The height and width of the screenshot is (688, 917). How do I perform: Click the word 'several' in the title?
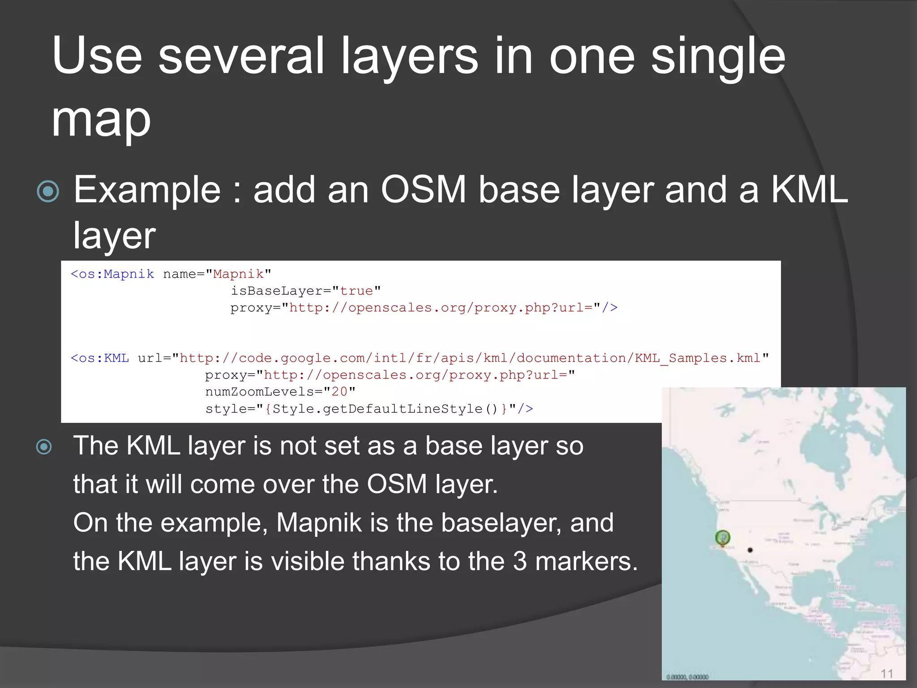[x=241, y=56]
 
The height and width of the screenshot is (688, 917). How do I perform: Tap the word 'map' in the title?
[x=101, y=120]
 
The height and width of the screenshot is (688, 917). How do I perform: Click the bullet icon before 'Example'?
[x=48, y=192]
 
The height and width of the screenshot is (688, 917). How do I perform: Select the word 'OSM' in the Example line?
[x=424, y=190]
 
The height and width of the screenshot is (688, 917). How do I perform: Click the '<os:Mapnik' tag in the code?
[x=112, y=274]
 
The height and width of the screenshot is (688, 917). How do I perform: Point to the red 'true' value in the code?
[x=356, y=291]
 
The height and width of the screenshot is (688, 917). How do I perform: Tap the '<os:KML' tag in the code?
[x=100, y=358]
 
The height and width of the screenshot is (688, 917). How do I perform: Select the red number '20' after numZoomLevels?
[x=339, y=392]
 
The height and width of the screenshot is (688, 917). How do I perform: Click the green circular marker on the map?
[x=722, y=537]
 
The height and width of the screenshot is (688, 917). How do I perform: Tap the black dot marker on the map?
[x=750, y=550]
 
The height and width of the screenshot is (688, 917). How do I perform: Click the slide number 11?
[x=887, y=674]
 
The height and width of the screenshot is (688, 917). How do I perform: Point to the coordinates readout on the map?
[x=687, y=677]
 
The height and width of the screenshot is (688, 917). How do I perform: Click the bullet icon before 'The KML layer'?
[x=44, y=447]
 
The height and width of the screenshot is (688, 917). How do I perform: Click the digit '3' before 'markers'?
[x=519, y=561]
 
